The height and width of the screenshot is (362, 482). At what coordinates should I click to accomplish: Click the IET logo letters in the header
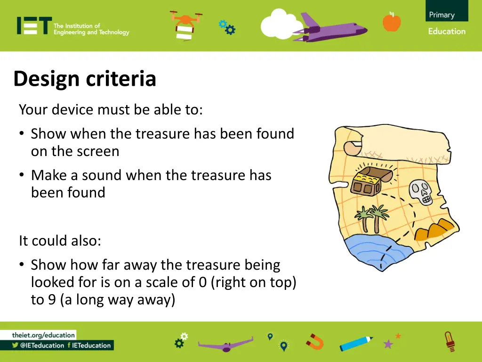point(33,26)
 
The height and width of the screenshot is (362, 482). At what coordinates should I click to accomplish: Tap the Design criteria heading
point(85,79)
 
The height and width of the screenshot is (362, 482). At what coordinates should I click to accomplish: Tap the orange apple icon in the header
point(392,22)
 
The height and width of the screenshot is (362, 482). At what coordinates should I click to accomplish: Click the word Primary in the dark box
point(442,15)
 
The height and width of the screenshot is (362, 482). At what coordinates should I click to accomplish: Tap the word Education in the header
point(447,32)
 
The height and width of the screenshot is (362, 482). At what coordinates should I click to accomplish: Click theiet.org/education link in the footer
point(43,335)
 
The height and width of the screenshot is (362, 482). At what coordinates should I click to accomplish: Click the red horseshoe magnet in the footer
point(315,341)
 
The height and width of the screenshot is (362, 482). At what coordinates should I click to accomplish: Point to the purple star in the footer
point(388,344)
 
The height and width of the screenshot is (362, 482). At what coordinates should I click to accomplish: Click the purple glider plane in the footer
point(225,344)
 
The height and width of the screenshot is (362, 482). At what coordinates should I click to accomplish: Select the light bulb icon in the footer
point(450,341)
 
